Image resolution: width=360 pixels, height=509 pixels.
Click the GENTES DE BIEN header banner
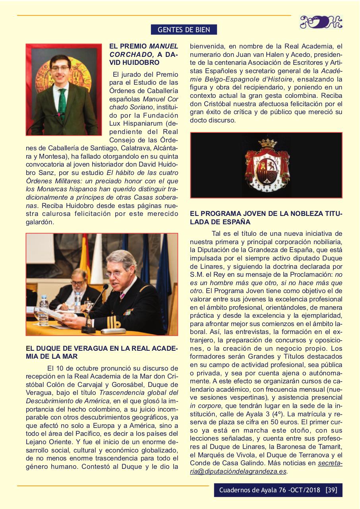coord(184,29)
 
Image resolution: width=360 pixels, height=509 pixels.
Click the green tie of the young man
coord(62,103)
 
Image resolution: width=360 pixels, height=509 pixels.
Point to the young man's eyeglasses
coord(60,68)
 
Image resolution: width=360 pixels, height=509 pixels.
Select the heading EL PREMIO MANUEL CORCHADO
coord(143,54)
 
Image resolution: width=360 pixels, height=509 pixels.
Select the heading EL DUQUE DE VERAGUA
coord(101,352)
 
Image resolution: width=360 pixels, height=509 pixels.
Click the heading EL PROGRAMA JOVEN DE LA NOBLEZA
coord(266,218)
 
